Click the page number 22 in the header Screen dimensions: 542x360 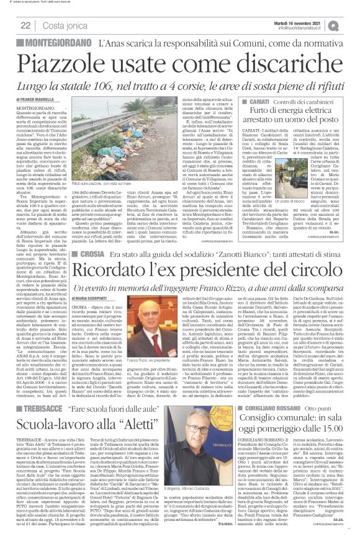click(25, 25)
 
